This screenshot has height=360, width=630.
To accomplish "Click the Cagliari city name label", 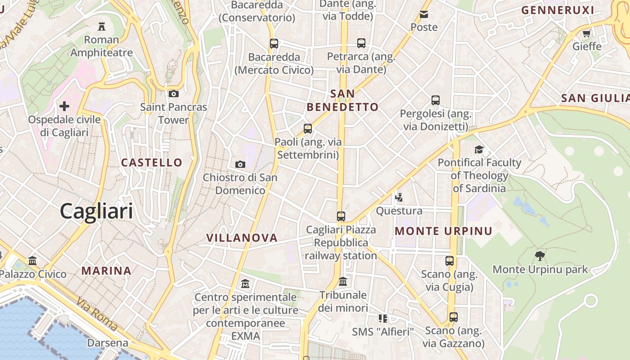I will pos(96,211).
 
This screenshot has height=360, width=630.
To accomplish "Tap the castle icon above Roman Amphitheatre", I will pos(101,26).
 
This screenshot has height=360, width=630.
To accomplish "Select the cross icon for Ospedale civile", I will pos(64,106).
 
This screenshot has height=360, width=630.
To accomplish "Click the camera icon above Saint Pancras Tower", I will pos(173,94).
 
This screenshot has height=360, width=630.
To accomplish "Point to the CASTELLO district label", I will pos(152,162).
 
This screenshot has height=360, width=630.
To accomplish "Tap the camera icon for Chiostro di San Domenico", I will pos(240,164).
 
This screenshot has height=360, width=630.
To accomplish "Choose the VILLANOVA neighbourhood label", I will pos(242,238).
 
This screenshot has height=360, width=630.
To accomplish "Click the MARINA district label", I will pos(107,271).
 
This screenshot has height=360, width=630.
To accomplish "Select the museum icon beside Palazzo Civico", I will pos(32,261).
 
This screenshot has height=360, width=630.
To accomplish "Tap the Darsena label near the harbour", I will pos(108,343).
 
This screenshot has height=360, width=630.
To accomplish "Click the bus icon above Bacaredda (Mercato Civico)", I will pos(274,44).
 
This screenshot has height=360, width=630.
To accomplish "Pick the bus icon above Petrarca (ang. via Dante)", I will pos(361,43).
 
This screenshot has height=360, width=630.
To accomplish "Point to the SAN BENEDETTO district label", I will pos(342,100).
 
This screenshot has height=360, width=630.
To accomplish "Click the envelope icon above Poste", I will pos(424,14).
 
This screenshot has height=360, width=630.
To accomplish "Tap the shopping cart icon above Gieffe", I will pos(586,33).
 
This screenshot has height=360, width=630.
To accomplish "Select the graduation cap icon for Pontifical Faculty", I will pos(479,149).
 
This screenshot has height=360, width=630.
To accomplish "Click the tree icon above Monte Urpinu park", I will pos(540,256).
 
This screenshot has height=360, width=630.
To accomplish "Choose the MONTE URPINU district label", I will pos(444,231).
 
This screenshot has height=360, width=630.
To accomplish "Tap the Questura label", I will pos(399,211).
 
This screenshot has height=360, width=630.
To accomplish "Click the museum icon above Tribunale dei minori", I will pos(343,282).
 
